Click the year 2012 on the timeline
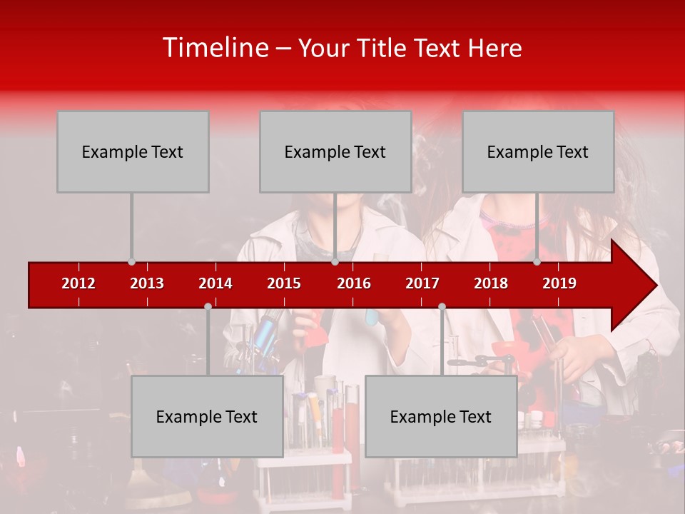click(x=78, y=283)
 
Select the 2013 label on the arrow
click(x=147, y=283)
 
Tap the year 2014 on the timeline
click(x=215, y=283)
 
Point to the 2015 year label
click(x=284, y=283)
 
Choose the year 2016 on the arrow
click(x=354, y=283)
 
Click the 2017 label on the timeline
click(x=422, y=283)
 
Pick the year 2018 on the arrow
click(x=491, y=283)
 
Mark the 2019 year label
click(x=559, y=283)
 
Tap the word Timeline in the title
click(x=215, y=48)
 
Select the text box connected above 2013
click(x=133, y=151)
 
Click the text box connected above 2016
click(x=335, y=151)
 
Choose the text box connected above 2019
click(x=538, y=151)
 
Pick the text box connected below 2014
click(x=207, y=416)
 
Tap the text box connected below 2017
click(x=441, y=416)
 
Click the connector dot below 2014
click(x=208, y=307)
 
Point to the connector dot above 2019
click(x=537, y=262)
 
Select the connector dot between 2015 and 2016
click(x=335, y=262)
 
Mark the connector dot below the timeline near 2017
click(x=442, y=307)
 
